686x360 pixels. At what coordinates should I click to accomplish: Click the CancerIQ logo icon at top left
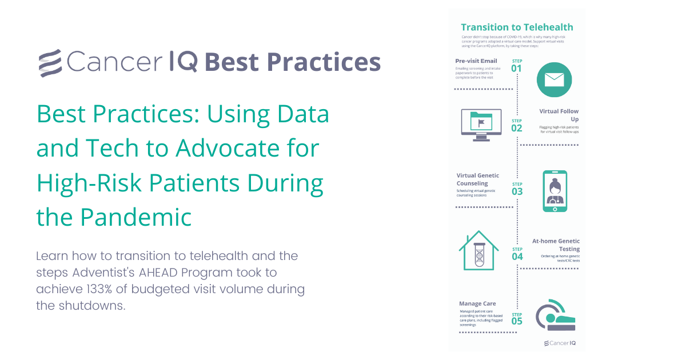click(x=50, y=62)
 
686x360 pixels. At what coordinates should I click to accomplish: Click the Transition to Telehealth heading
click(x=516, y=27)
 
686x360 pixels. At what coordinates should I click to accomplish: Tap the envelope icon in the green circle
click(x=554, y=78)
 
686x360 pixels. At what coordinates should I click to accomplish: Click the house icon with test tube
click(x=479, y=252)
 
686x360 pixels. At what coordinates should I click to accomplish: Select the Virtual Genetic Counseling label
click(x=477, y=179)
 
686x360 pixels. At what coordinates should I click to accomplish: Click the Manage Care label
click(x=477, y=303)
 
